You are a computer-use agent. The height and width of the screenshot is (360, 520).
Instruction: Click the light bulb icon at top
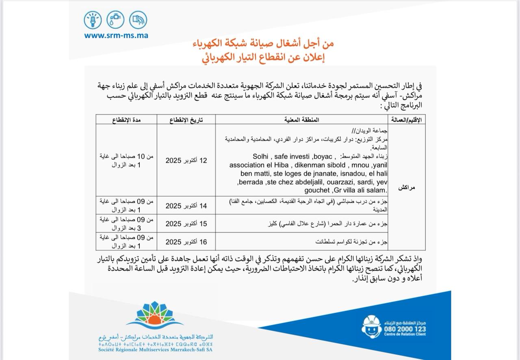[x=93, y=20]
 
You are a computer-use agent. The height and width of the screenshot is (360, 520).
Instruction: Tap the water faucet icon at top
[x=115, y=20]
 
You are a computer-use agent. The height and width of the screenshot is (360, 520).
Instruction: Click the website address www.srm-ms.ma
[x=116, y=35]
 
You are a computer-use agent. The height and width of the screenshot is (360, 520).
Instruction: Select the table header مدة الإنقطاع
[x=126, y=119]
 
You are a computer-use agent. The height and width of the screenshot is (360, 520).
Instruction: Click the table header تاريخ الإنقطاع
[x=186, y=119]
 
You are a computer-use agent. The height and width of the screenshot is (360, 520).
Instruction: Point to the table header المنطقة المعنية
[x=302, y=119]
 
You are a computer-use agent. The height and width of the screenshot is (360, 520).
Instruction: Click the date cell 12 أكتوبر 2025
[x=186, y=160]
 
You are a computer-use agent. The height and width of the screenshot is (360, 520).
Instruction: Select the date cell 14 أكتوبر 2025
[x=186, y=206]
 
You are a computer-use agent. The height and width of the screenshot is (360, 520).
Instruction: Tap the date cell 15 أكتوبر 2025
[x=186, y=224]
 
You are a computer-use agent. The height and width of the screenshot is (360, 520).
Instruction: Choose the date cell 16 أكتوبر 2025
[x=186, y=242]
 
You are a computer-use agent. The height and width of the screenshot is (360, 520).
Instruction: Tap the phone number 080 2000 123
[x=405, y=329]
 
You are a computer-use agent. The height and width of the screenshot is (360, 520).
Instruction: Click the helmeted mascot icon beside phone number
[x=371, y=326]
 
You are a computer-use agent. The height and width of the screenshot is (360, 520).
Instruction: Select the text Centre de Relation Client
[x=405, y=334]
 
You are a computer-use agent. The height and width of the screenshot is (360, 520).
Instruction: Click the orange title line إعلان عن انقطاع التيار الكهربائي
[x=264, y=57]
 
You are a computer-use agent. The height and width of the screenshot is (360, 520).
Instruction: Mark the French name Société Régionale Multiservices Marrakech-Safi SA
[x=156, y=350]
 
